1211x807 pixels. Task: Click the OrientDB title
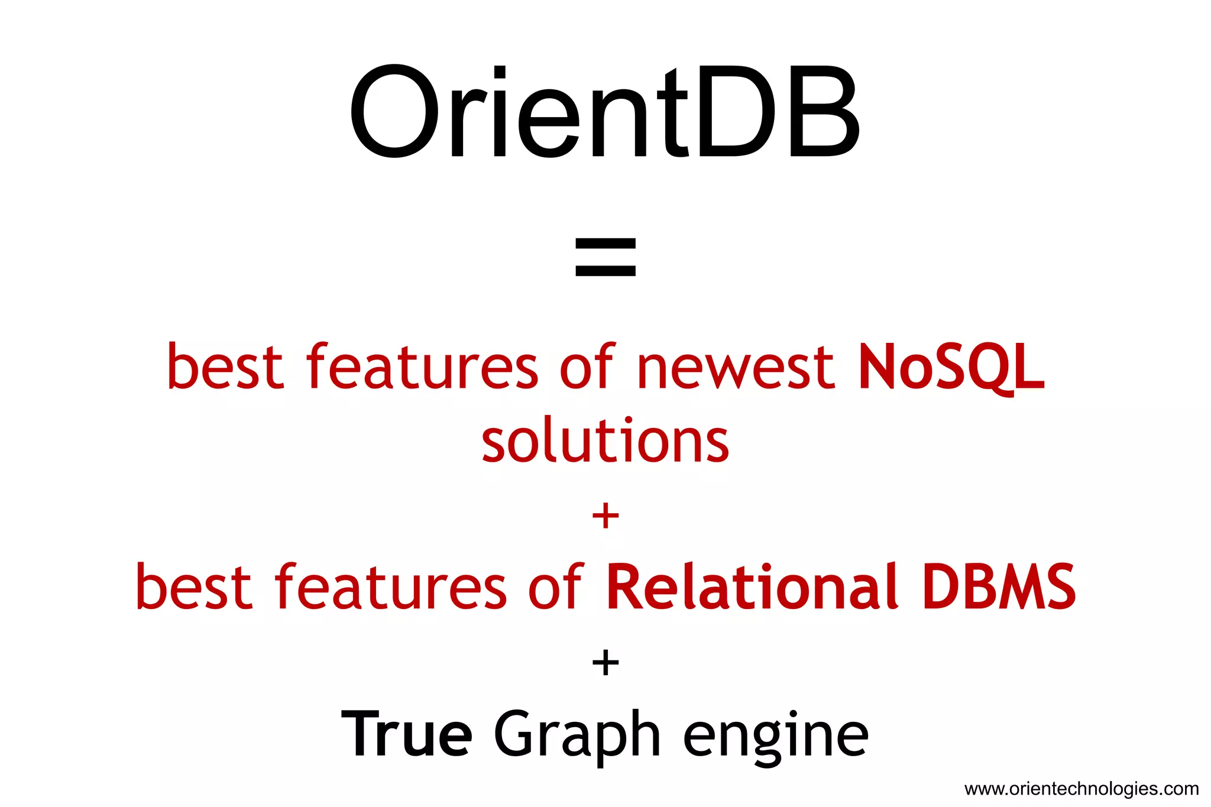pos(604,112)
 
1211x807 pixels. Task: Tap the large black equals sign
pos(605,257)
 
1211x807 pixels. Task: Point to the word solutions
pos(605,441)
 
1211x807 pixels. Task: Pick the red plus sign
pos(605,516)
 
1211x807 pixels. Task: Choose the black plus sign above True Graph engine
pos(605,662)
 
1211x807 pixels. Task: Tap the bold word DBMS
pos(999,586)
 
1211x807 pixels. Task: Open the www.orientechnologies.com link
pos(1082,789)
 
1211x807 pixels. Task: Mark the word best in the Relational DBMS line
pos(193,588)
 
